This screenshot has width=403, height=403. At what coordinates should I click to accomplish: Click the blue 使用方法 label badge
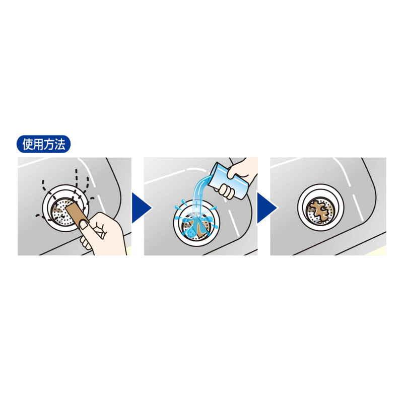(43, 144)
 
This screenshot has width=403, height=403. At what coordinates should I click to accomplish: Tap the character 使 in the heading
(28, 144)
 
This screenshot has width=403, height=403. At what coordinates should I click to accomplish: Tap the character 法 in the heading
(59, 144)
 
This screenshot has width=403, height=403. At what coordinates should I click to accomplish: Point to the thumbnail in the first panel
(84, 225)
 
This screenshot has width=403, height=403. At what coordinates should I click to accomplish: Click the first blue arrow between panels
(142, 208)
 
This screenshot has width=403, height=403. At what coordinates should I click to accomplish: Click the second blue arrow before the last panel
(267, 208)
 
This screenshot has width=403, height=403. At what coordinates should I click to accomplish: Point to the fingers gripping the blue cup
(225, 190)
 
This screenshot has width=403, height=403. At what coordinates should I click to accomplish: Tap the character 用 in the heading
(38, 144)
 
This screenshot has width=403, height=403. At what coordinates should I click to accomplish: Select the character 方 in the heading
(49, 144)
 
